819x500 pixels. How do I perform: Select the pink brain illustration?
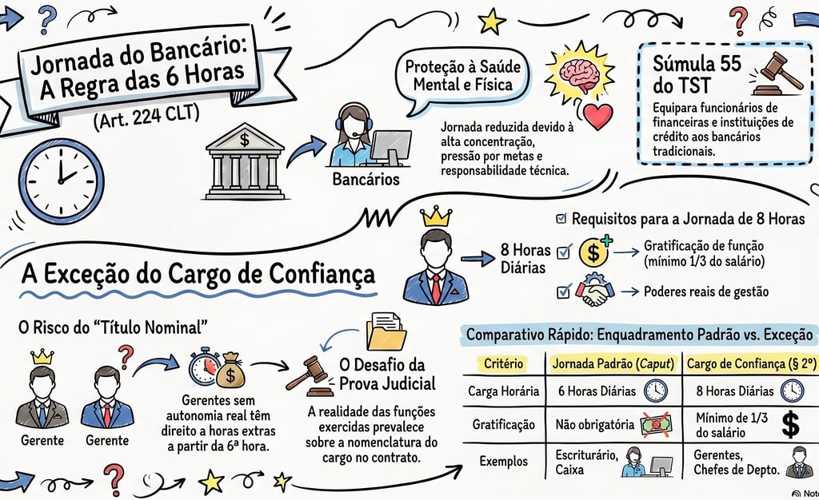(x=582, y=74)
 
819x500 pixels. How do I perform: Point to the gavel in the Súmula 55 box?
(x=776, y=73)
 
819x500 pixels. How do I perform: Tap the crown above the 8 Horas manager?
(x=436, y=216)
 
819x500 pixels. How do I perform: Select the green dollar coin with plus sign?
(x=594, y=252)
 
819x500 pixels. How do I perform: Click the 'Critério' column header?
(x=504, y=363)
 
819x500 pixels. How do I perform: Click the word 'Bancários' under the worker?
(x=366, y=179)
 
